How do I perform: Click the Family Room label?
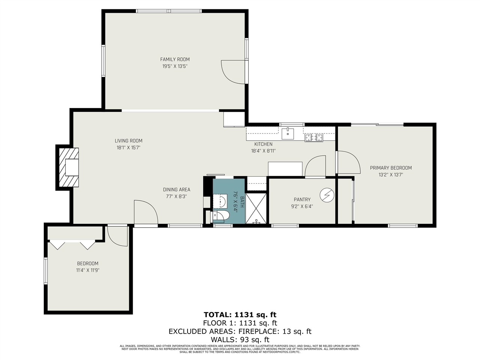click(x=175, y=59)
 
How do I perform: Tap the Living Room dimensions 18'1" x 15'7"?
click(x=129, y=148)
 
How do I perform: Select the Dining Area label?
click(x=176, y=189)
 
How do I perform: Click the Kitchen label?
click(x=263, y=144)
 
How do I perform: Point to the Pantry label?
click(x=302, y=199)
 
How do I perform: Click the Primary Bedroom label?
click(x=391, y=168)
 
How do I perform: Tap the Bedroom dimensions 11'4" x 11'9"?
click(x=88, y=270)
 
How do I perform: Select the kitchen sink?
click(x=288, y=133)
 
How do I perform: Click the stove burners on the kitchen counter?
click(x=313, y=138)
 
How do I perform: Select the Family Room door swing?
click(x=232, y=72)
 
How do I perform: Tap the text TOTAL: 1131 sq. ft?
click(x=240, y=314)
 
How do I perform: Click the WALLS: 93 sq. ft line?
click(x=240, y=340)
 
